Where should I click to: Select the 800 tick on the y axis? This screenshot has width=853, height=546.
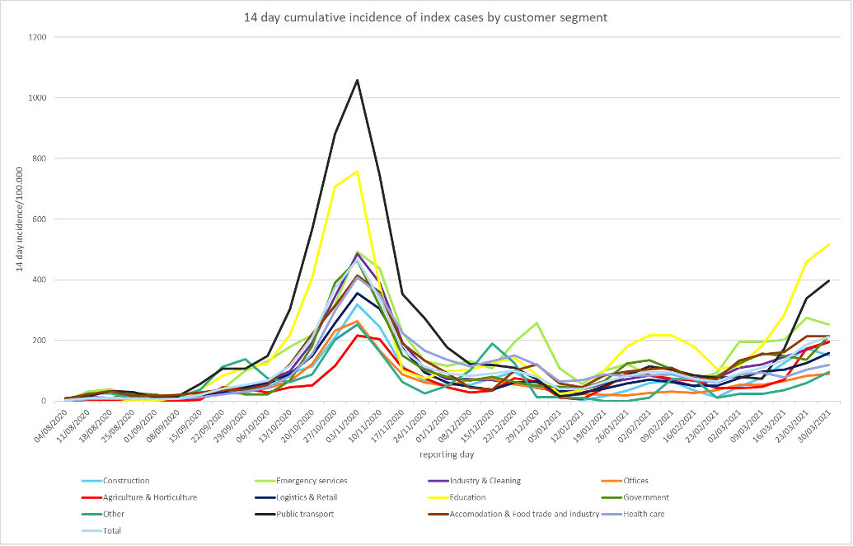tap(37, 158)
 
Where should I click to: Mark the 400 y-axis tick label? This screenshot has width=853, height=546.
tap(37, 280)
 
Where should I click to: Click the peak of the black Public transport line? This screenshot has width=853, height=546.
tap(357, 80)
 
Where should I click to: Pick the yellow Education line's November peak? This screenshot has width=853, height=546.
tap(357, 172)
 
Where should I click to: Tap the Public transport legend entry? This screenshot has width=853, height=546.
tap(329, 514)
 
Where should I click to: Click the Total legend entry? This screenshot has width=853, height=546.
tap(110, 530)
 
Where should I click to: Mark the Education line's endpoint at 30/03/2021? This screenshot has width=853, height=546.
tap(828, 244)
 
